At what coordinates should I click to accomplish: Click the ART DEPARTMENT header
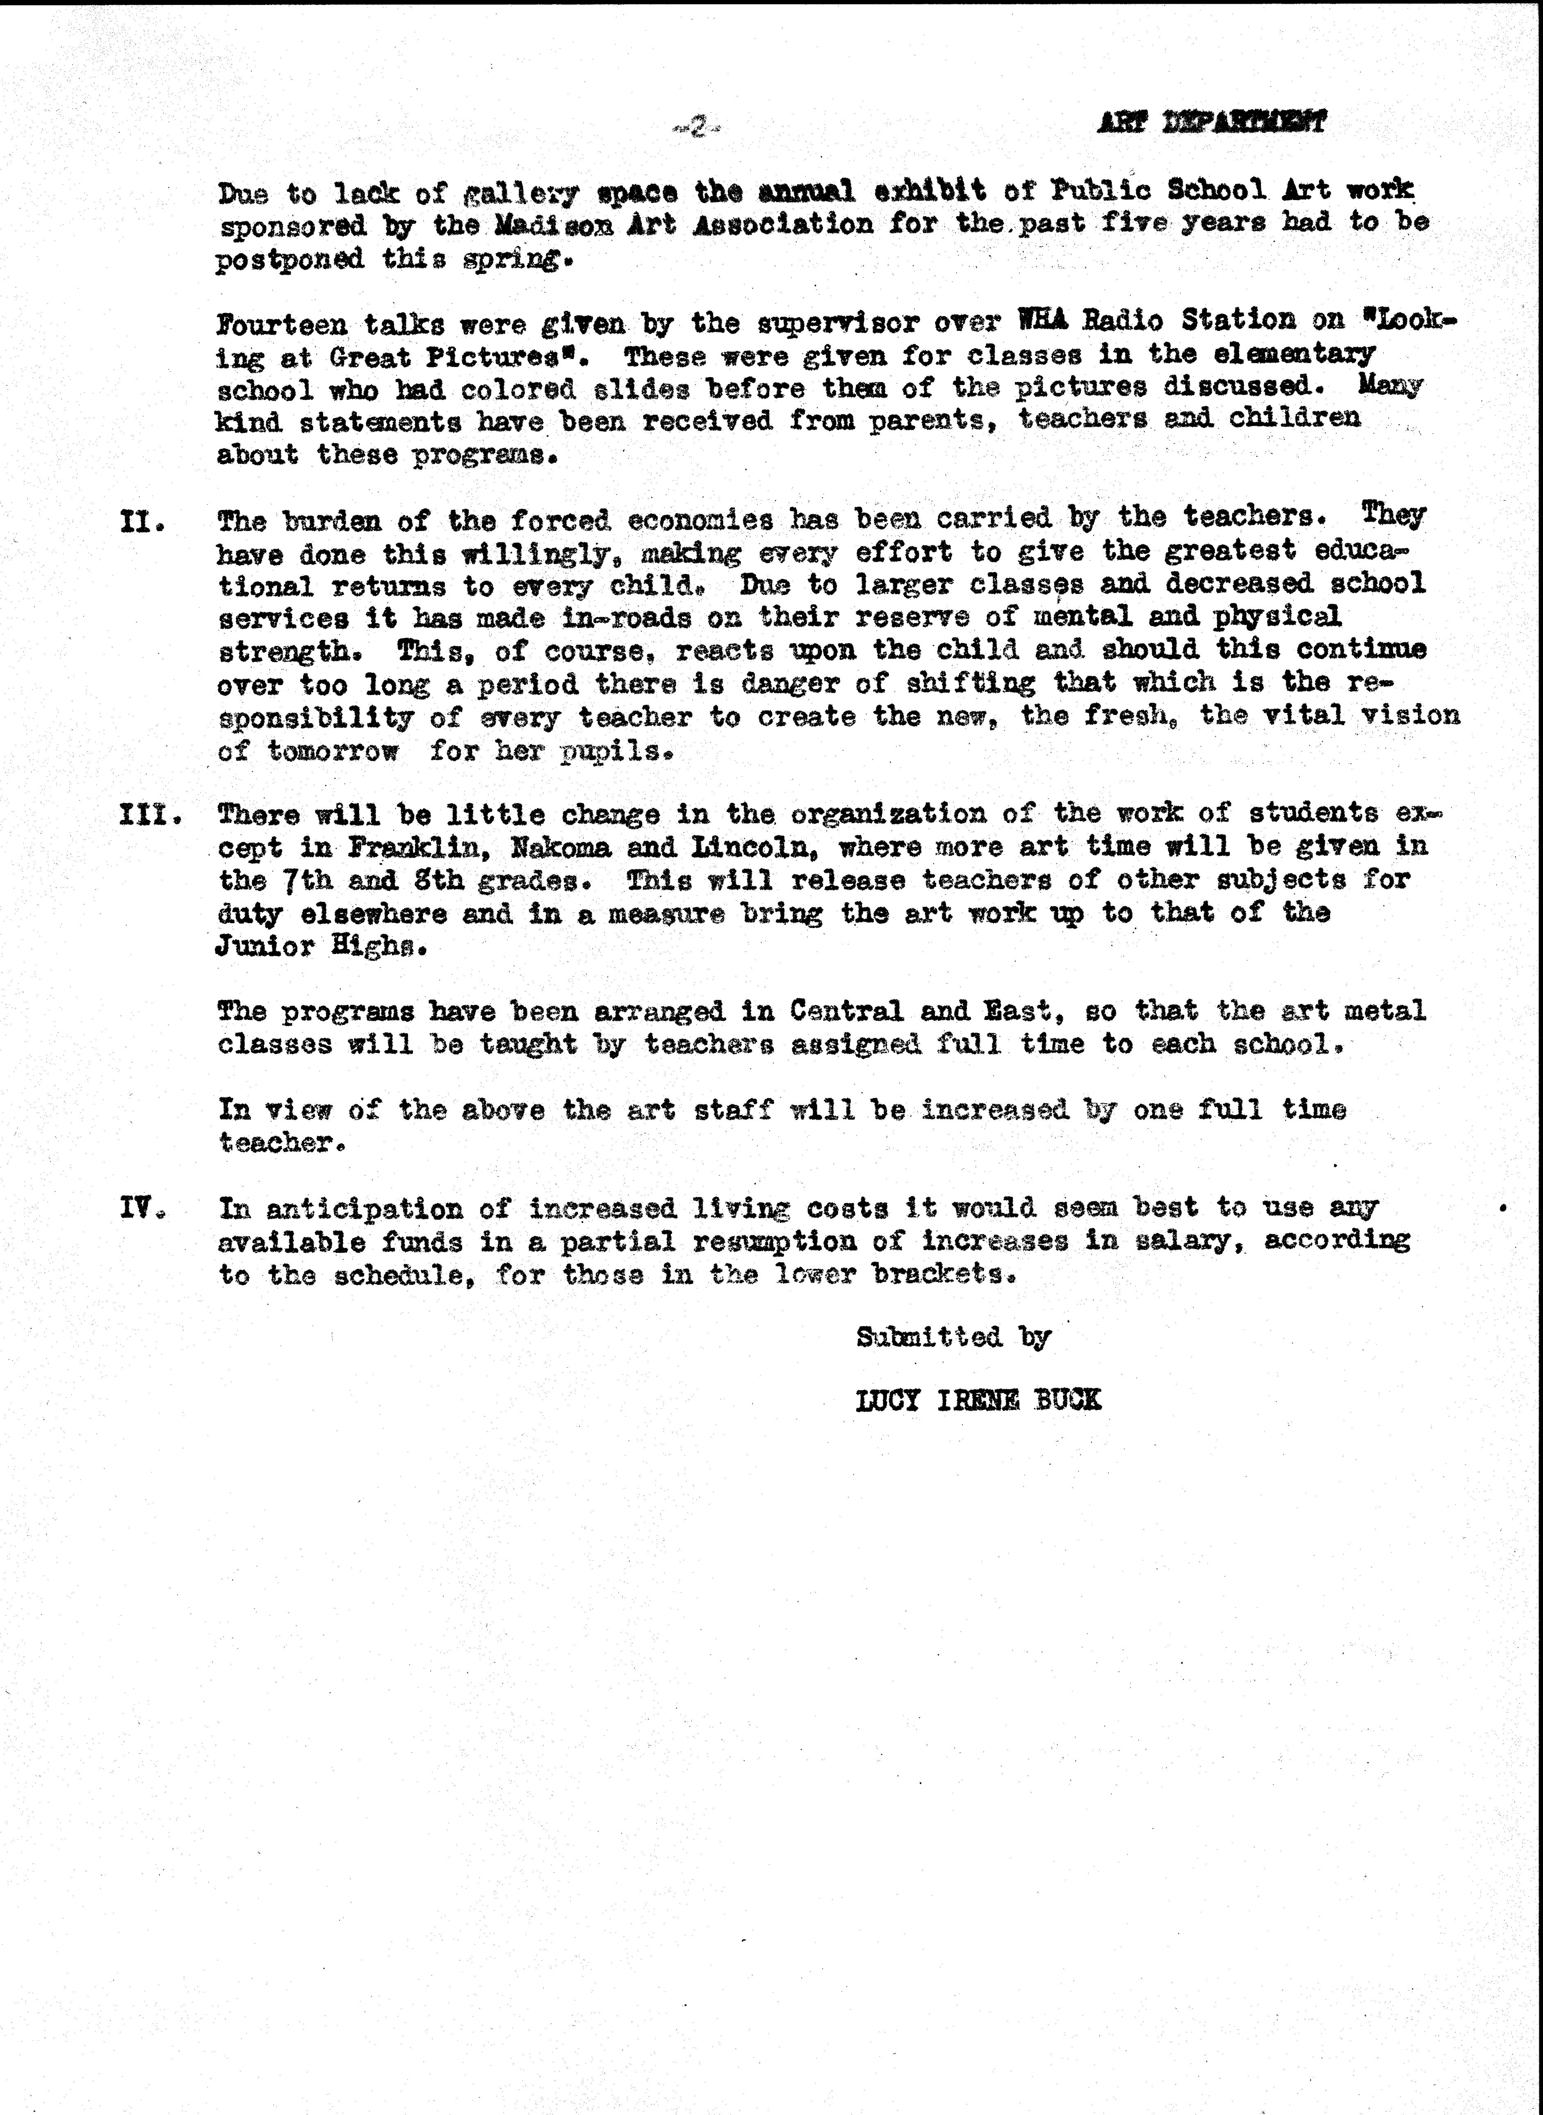coord(1211,122)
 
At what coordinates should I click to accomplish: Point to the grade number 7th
coord(303,881)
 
